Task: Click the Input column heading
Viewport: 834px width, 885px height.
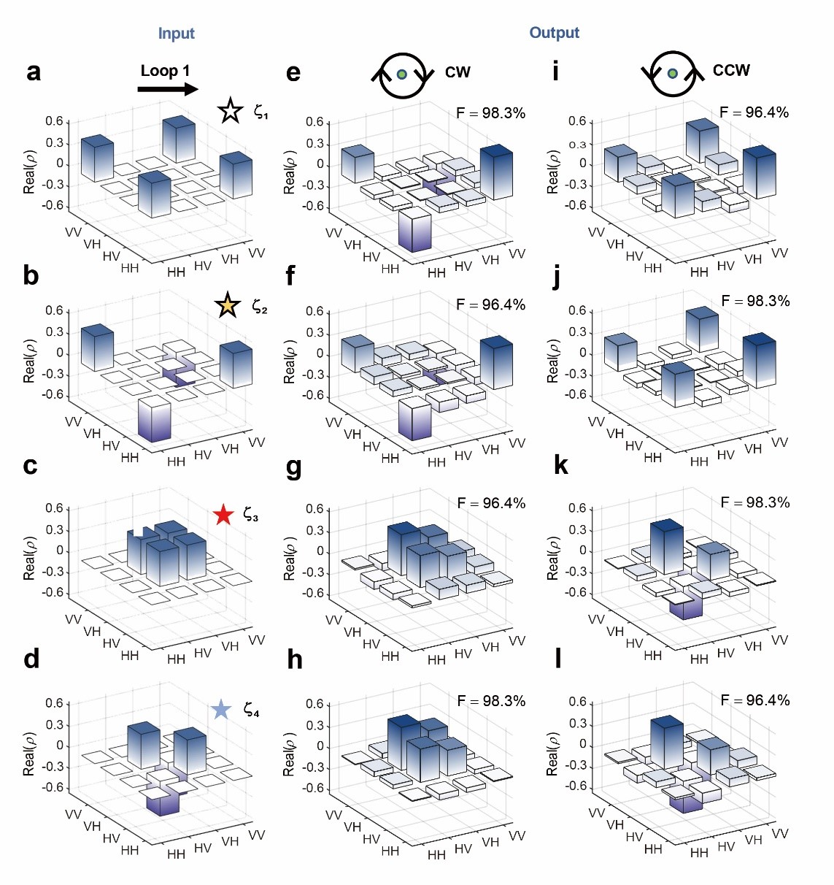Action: [x=176, y=34]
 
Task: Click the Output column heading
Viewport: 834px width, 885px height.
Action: [x=554, y=33]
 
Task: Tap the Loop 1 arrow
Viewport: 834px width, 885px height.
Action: [x=168, y=89]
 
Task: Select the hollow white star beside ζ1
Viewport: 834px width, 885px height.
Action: [x=230, y=111]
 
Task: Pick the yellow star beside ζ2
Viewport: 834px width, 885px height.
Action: [x=228, y=305]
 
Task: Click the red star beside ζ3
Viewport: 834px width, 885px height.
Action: [x=223, y=516]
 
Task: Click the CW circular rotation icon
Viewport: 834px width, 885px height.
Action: [x=401, y=74]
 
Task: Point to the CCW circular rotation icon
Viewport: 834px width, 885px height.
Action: [x=672, y=74]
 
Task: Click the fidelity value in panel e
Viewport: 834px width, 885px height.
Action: [x=490, y=112]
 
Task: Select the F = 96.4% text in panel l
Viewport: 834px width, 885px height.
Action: [x=755, y=700]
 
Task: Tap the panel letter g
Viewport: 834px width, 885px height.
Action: [x=293, y=467]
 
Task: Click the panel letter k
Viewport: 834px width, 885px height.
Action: [x=560, y=465]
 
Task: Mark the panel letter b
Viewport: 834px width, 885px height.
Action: [x=31, y=276]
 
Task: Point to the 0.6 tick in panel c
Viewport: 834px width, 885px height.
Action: [x=55, y=508]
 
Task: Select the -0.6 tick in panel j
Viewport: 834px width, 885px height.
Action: [x=578, y=395]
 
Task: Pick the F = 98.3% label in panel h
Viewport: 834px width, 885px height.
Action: [x=491, y=700]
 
